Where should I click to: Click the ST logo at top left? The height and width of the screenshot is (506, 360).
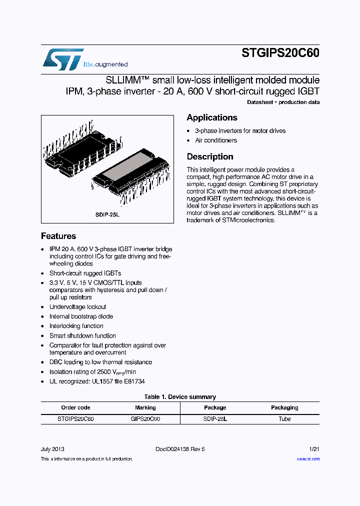pos(63,59)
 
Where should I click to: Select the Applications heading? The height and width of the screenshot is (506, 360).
pos(212,117)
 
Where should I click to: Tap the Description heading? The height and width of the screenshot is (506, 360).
pos(210,156)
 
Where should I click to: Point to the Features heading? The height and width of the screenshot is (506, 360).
pos(58,236)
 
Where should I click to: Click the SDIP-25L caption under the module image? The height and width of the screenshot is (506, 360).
pos(108,214)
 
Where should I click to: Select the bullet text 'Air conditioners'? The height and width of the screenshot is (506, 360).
pos(216,140)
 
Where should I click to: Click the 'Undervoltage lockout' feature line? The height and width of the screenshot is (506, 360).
pos(77,307)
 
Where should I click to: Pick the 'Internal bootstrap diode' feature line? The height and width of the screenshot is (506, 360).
pos(81,316)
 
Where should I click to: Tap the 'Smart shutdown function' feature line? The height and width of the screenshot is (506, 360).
pos(82,335)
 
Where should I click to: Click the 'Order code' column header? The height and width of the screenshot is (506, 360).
pos(75,407)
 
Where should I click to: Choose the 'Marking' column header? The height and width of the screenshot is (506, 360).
pos(145,407)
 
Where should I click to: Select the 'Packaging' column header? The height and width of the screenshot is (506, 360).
pos(284,407)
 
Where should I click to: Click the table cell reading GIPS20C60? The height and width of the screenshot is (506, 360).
pos(145,419)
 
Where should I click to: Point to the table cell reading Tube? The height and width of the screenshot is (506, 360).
pos(284,419)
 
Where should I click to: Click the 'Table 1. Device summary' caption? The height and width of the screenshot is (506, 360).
pos(180,397)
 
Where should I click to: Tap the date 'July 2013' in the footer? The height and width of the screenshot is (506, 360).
pos(52,449)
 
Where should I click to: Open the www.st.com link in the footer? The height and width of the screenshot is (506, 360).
pos(308,459)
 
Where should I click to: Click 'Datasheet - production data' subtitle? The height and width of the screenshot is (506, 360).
pos(283,102)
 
